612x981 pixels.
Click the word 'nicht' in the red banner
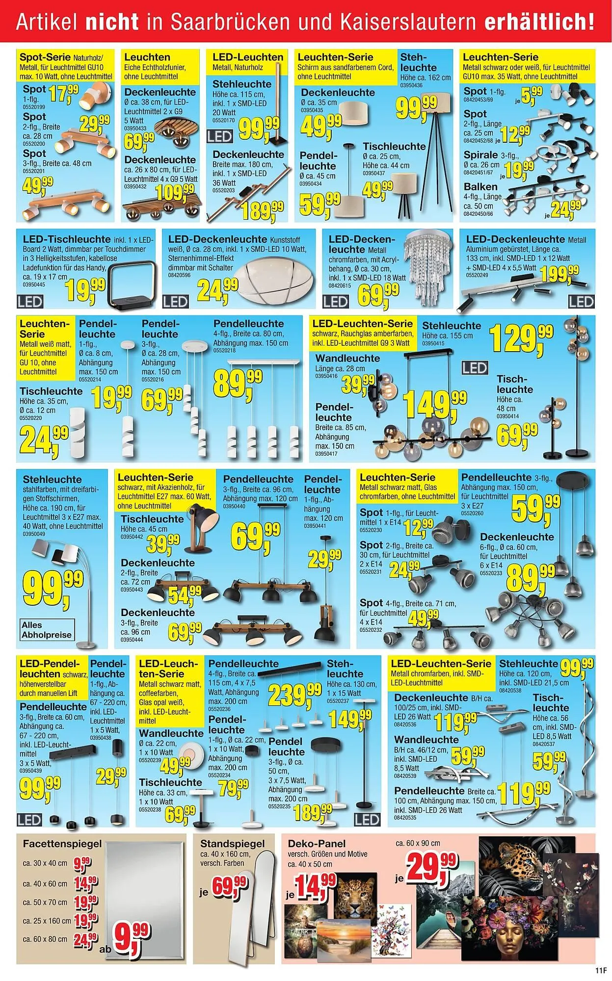pos(112,23)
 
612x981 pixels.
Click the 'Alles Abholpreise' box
pos(47,630)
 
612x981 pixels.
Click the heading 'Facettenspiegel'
pos(62,844)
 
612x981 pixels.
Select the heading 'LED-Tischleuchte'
pos(67,239)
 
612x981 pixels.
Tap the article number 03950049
pos(34,534)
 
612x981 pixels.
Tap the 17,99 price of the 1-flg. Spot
pos(63,93)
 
